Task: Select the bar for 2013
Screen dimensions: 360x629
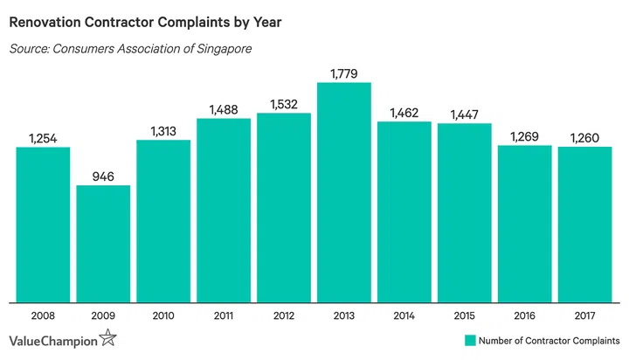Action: click(x=344, y=192)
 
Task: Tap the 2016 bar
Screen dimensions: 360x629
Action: click(x=525, y=223)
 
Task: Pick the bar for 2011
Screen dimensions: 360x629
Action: click(x=224, y=210)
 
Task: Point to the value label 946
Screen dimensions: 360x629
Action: click(x=103, y=174)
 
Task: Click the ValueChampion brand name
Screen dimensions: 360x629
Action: click(x=54, y=340)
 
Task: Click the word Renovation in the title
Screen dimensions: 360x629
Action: click(x=50, y=18)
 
